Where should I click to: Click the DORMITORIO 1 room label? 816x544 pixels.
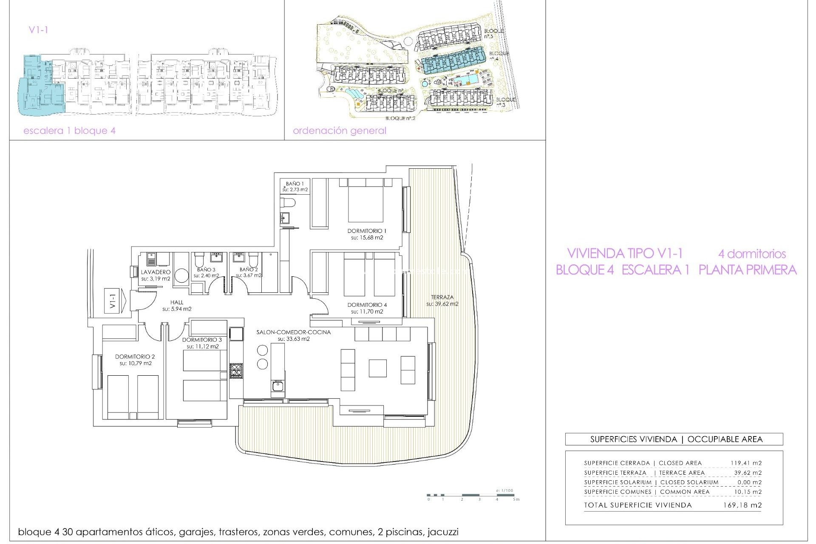click(367, 231)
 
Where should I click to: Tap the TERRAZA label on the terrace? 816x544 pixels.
click(442, 297)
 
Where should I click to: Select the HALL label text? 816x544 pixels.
click(177, 302)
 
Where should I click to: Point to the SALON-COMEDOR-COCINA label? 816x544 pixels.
click(293, 332)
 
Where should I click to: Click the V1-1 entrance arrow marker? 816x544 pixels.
click(115, 301)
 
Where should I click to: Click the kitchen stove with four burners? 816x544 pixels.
click(236, 371)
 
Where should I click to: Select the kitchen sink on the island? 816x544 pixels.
click(278, 386)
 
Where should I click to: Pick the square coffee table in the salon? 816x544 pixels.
click(377, 368)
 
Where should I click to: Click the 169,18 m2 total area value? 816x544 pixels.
click(742, 505)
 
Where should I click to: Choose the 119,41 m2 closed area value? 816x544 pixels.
click(746, 463)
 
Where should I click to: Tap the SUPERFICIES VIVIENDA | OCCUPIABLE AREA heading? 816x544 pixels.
click(676, 439)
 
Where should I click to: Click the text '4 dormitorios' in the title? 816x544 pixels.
click(752, 254)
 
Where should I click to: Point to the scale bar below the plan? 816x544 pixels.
click(472, 495)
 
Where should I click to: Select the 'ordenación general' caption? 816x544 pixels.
click(339, 131)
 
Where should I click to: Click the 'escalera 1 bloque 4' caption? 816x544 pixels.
click(69, 131)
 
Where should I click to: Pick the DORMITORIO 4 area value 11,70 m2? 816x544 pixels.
click(367, 312)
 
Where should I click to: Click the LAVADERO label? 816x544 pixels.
click(156, 272)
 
